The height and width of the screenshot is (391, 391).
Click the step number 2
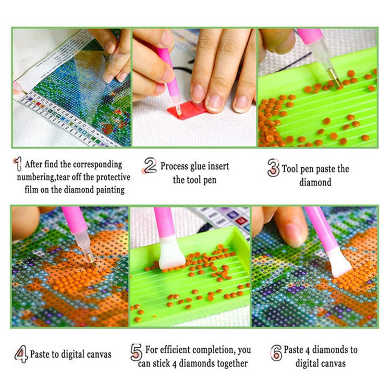pos(150,166)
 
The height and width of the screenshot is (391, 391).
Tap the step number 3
pos(273,168)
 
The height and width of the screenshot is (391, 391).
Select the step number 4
pos(21,354)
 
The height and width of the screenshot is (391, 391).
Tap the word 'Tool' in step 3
pos(291,169)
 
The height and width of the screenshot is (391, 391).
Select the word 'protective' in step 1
pos(109,177)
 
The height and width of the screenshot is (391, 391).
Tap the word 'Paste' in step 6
pos(295,349)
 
